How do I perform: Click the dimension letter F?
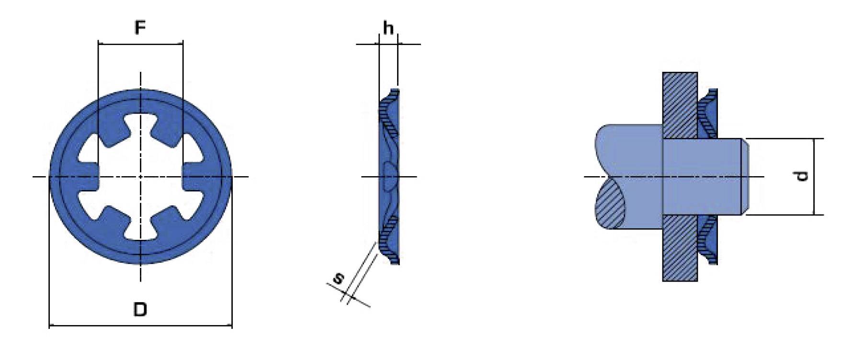(x=139, y=28)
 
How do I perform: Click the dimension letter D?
(x=139, y=309)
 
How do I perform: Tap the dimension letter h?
(x=388, y=28)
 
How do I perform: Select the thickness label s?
(x=338, y=278)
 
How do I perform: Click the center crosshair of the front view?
(x=140, y=177)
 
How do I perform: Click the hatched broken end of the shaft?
(x=609, y=203)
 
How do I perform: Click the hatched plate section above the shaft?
(x=680, y=105)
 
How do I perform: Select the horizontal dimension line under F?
(x=140, y=45)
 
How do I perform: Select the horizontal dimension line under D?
(x=140, y=326)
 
